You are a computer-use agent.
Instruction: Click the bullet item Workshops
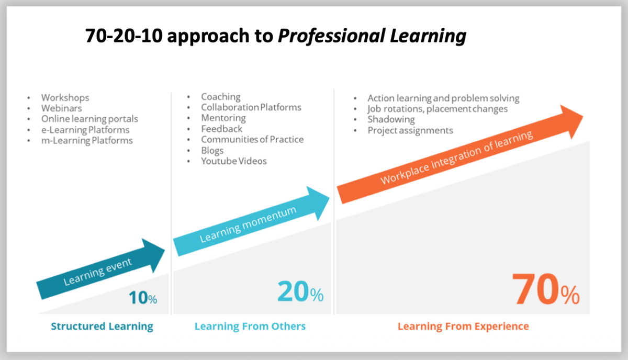pos(65,97)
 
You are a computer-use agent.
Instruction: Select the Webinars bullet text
pos(61,108)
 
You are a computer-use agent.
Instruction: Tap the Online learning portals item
pos(89,119)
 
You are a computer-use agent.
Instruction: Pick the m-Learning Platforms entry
pos(87,140)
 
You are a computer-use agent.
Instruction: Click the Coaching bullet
pos(221,97)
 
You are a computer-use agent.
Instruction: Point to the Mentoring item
pos(223,118)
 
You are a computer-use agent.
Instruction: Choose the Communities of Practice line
pos(252,139)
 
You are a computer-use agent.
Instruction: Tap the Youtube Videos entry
pos(233,161)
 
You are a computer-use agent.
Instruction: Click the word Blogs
pos(212,151)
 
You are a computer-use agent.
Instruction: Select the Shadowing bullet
pos(391,119)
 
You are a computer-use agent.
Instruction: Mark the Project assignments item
pos(410,130)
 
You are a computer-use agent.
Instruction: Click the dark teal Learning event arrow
pos(100,269)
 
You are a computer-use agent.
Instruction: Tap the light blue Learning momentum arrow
pos(251,221)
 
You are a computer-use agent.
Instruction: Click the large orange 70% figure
pos(545,289)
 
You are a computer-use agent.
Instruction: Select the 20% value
pos(300,292)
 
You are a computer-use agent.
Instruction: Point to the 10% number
pos(143,298)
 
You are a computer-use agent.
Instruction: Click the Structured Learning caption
pos(102,327)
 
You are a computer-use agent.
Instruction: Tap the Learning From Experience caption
pos(463,327)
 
